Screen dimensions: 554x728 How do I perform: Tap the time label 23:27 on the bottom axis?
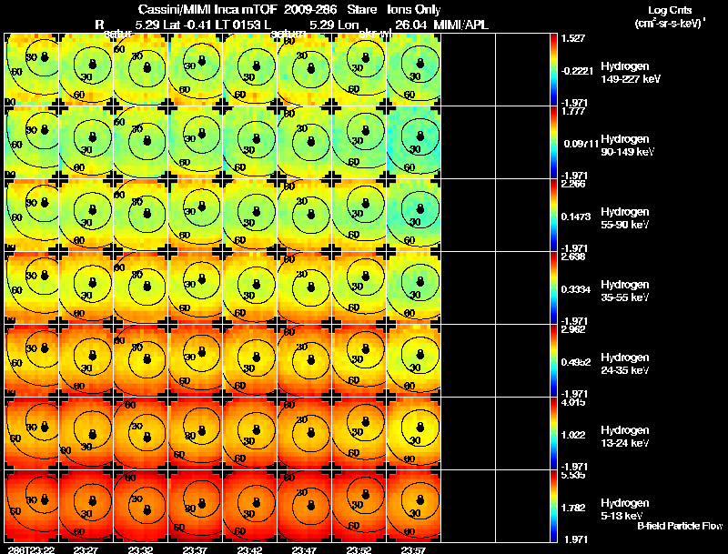pos(86,549)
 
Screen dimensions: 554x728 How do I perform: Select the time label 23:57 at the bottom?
pos(413,549)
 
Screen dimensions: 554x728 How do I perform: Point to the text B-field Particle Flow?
pos(679,526)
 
